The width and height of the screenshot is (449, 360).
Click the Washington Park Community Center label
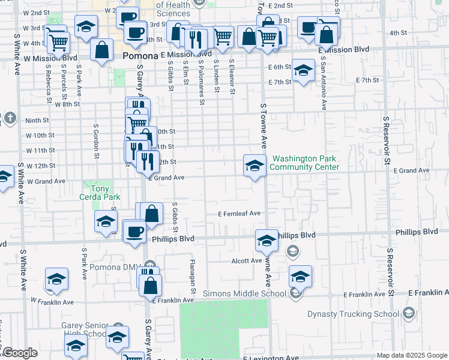[x=305, y=163]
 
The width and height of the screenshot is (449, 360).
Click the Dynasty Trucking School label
[x=353, y=314]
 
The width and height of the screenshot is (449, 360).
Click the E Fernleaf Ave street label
[x=240, y=213]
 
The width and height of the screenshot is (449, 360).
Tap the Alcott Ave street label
[x=247, y=261]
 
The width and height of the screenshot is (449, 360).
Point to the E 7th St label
[x=368, y=80]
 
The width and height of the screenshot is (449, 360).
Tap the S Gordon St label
[x=95, y=142]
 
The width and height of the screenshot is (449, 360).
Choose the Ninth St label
[x=37, y=120]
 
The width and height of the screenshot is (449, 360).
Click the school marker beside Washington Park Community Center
[x=255, y=165]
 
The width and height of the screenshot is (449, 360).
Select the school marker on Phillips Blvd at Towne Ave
[x=267, y=240]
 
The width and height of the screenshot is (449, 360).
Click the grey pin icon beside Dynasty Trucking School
[x=409, y=313]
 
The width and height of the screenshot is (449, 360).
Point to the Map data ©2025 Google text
[x=411, y=355]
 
